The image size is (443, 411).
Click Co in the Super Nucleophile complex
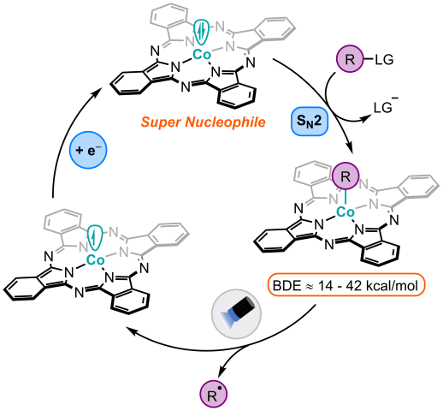[203, 55]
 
